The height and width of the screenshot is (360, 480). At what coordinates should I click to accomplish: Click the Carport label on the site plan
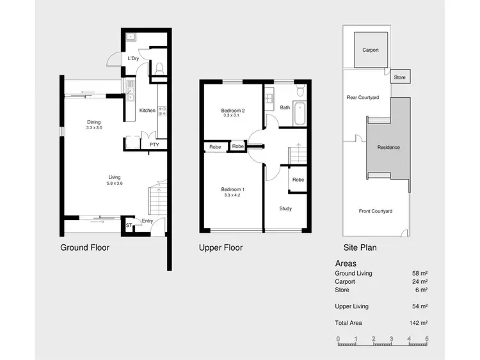point(370,50)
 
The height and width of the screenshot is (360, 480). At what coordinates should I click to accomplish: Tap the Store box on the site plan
point(400,77)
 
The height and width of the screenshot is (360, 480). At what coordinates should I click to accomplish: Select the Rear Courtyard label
point(363,98)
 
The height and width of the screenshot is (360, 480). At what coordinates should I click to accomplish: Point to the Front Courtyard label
point(375,211)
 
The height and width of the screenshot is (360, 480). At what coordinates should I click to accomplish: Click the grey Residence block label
point(388,147)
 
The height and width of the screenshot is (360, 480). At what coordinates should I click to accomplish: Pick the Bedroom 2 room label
point(234,111)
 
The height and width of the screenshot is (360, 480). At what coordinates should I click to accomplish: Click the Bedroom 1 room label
point(233,190)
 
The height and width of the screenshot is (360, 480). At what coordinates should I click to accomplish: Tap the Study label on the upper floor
point(285,208)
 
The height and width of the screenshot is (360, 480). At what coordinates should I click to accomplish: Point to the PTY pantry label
point(154,145)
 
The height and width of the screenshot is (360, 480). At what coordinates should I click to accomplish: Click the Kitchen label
point(147,111)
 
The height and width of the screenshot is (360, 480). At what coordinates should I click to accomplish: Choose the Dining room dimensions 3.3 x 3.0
point(94,128)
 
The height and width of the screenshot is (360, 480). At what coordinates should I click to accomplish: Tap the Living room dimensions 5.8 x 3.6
point(114,184)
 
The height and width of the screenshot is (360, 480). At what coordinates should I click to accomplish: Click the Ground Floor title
point(84,247)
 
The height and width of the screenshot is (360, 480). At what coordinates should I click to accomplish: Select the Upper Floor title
point(221,247)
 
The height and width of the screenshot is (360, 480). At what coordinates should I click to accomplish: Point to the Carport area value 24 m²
point(420,281)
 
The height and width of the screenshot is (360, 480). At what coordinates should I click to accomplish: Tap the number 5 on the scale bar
point(426,338)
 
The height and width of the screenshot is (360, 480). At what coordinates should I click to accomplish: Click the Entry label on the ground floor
point(147,221)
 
